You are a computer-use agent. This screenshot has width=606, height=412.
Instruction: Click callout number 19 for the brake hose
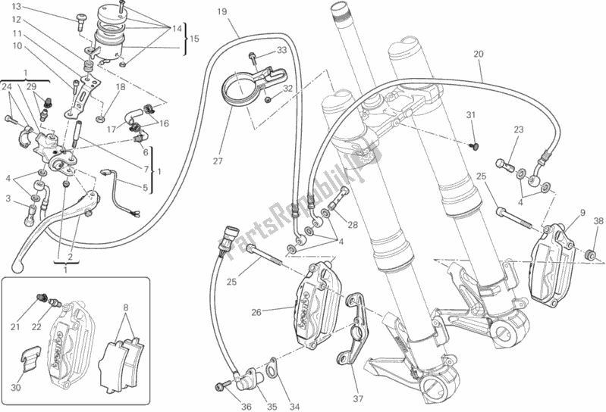click(x=221, y=13)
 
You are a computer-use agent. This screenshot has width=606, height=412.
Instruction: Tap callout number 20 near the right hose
click(x=478, y=54)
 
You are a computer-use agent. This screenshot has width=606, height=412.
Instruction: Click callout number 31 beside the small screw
click(x=470, y=114)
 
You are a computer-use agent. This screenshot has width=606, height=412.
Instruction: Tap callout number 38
click(x=598, y=222)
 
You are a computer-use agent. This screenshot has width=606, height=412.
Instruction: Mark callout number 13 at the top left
click(x=16, y=7)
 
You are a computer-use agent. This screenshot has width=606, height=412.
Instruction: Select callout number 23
click(x=518, y=130)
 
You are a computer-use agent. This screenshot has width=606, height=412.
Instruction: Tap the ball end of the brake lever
click(x=19, y=266)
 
